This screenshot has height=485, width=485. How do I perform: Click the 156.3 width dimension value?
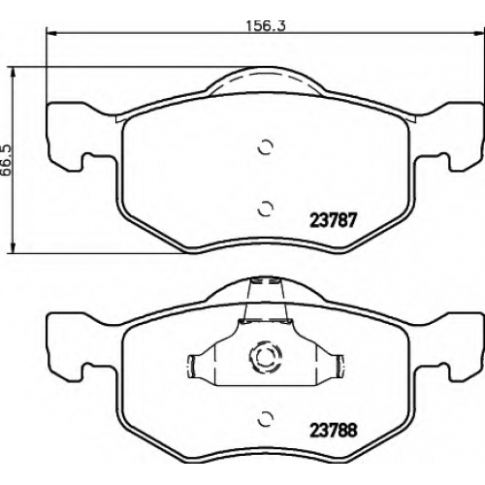point(266,26)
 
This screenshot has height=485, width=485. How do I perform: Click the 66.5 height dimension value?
point(6,160)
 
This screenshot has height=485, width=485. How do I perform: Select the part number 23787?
point(333,220)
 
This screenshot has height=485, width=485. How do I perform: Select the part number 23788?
point(334,430)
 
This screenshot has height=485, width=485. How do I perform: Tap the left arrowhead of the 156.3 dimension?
point(51,33)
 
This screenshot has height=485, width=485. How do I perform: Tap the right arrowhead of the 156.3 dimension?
point(477,33)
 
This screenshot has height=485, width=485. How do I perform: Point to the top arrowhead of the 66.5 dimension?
point(13,73)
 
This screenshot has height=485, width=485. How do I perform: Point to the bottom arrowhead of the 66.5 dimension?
point(13,248)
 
